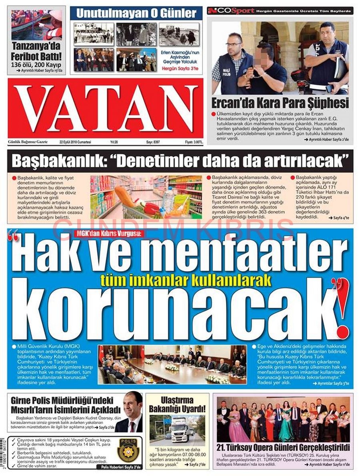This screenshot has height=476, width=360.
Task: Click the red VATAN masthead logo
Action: click(105, 108)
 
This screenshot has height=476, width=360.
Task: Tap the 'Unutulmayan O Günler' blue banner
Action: click(136, 13)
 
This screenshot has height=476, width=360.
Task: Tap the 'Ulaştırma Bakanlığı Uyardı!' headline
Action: click(177, 404)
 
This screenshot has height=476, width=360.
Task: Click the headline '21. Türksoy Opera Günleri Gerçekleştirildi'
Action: click(284, 447)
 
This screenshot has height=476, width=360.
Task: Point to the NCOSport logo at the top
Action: click(231, 10)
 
